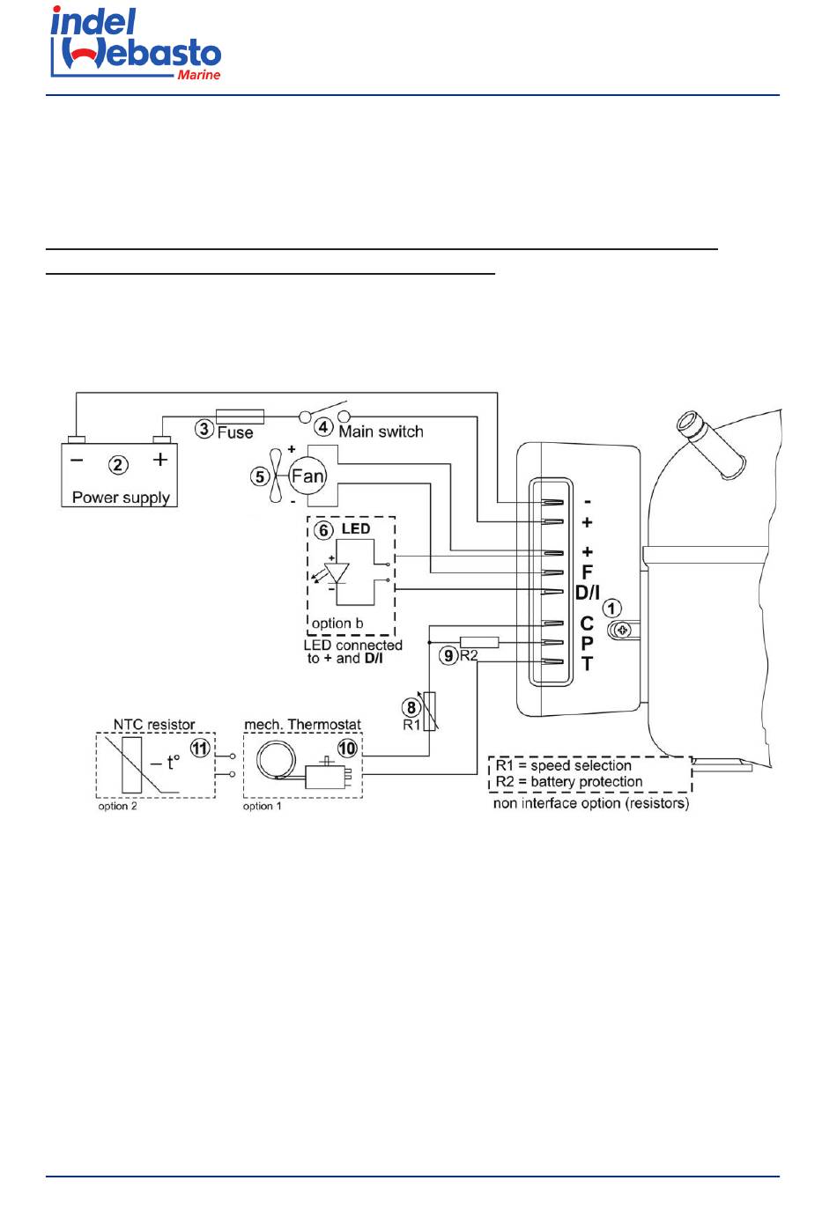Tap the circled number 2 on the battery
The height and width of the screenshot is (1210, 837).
tap(118, 465)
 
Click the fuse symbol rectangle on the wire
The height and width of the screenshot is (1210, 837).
tap(240, 417)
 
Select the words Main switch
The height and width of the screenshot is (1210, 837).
tap(381, 432)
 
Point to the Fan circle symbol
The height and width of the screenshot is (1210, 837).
tap(307, 476)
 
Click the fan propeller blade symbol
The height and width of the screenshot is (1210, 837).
tap(276, 476)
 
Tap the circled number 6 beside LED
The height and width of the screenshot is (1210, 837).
tap(323, 530)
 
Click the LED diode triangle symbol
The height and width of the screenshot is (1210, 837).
tap(337, 572)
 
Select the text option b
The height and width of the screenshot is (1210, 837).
tap(337, 623)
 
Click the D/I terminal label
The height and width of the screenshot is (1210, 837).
tap(587, 593)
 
